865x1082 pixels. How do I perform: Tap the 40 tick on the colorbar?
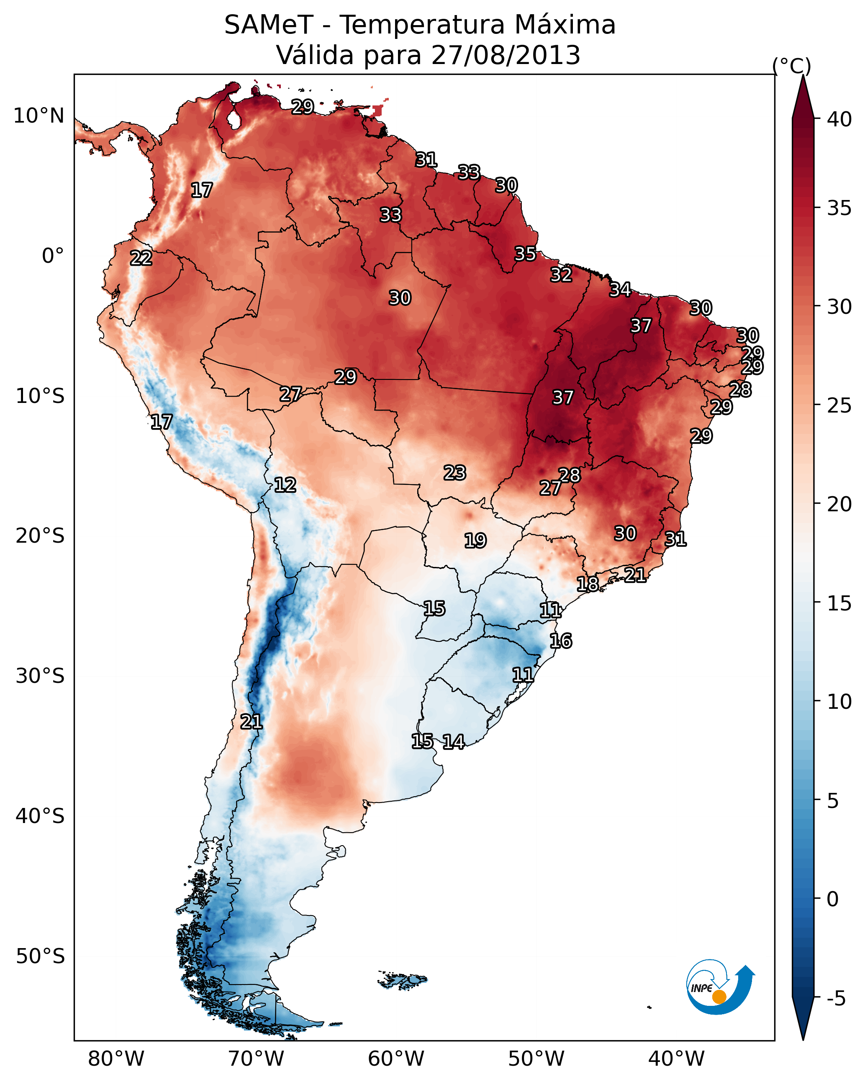839,119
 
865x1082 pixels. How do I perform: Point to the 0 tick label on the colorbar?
832,899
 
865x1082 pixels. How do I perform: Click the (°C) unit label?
791,66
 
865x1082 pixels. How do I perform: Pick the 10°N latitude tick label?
39,116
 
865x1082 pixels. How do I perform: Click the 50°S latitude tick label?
40,956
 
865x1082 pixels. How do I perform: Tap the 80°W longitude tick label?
116,1059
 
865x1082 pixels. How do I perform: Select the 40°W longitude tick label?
676,1059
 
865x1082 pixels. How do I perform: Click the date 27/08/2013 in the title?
506,55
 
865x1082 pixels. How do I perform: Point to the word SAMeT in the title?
269,25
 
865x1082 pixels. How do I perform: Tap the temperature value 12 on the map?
285,485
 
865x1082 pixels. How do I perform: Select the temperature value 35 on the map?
526,254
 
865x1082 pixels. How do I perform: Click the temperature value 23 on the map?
455,473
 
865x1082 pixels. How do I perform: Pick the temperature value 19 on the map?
475,541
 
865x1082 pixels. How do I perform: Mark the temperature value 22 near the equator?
141,258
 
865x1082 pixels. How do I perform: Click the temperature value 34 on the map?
621,290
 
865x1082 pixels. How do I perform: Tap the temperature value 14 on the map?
454,742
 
